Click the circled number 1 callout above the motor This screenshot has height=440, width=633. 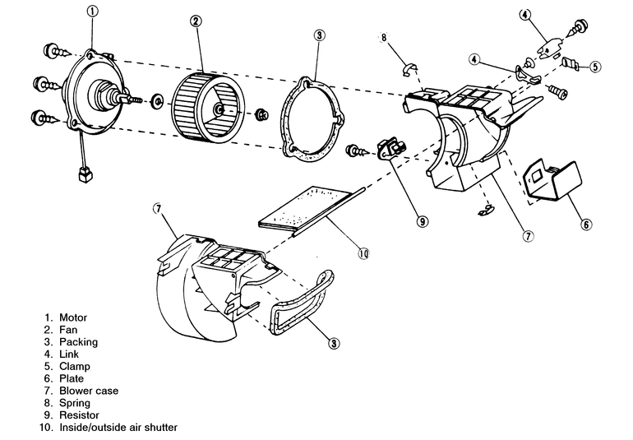[x=92, y=12]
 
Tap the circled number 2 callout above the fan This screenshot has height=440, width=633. [x=196, y=21]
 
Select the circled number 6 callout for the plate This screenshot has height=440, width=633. [x=586, y=225]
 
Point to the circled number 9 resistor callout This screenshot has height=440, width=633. [x=423, y=221]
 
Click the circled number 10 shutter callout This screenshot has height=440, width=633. [x=363, y=253]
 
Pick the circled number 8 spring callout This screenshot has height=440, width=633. [x=384, y=38]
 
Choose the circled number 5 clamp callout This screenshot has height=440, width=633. [x=595, y=67]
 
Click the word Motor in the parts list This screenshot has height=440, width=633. [x=73, y=317]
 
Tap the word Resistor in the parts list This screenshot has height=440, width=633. [x=79, y=415]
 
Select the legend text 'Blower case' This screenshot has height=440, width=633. [x=89, y=391]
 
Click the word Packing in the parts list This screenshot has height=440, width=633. [x=79, y=342]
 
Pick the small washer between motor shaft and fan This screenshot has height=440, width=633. [x=155, y=101]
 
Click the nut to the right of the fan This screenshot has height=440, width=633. [x=262, y=114]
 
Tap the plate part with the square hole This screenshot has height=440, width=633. [x=552, y=179]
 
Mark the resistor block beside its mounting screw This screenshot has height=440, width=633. [x=391, y=149]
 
